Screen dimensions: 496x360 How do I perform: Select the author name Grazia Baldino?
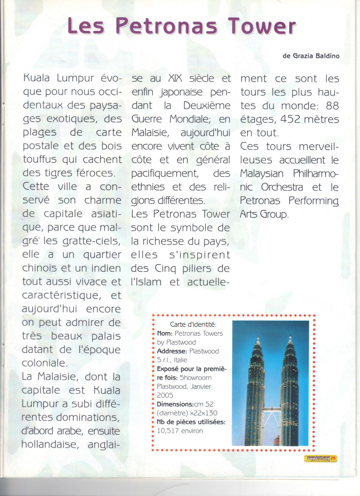(316, 56)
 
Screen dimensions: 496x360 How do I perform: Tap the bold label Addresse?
(172, 351)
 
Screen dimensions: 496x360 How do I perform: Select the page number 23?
(333, 458)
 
